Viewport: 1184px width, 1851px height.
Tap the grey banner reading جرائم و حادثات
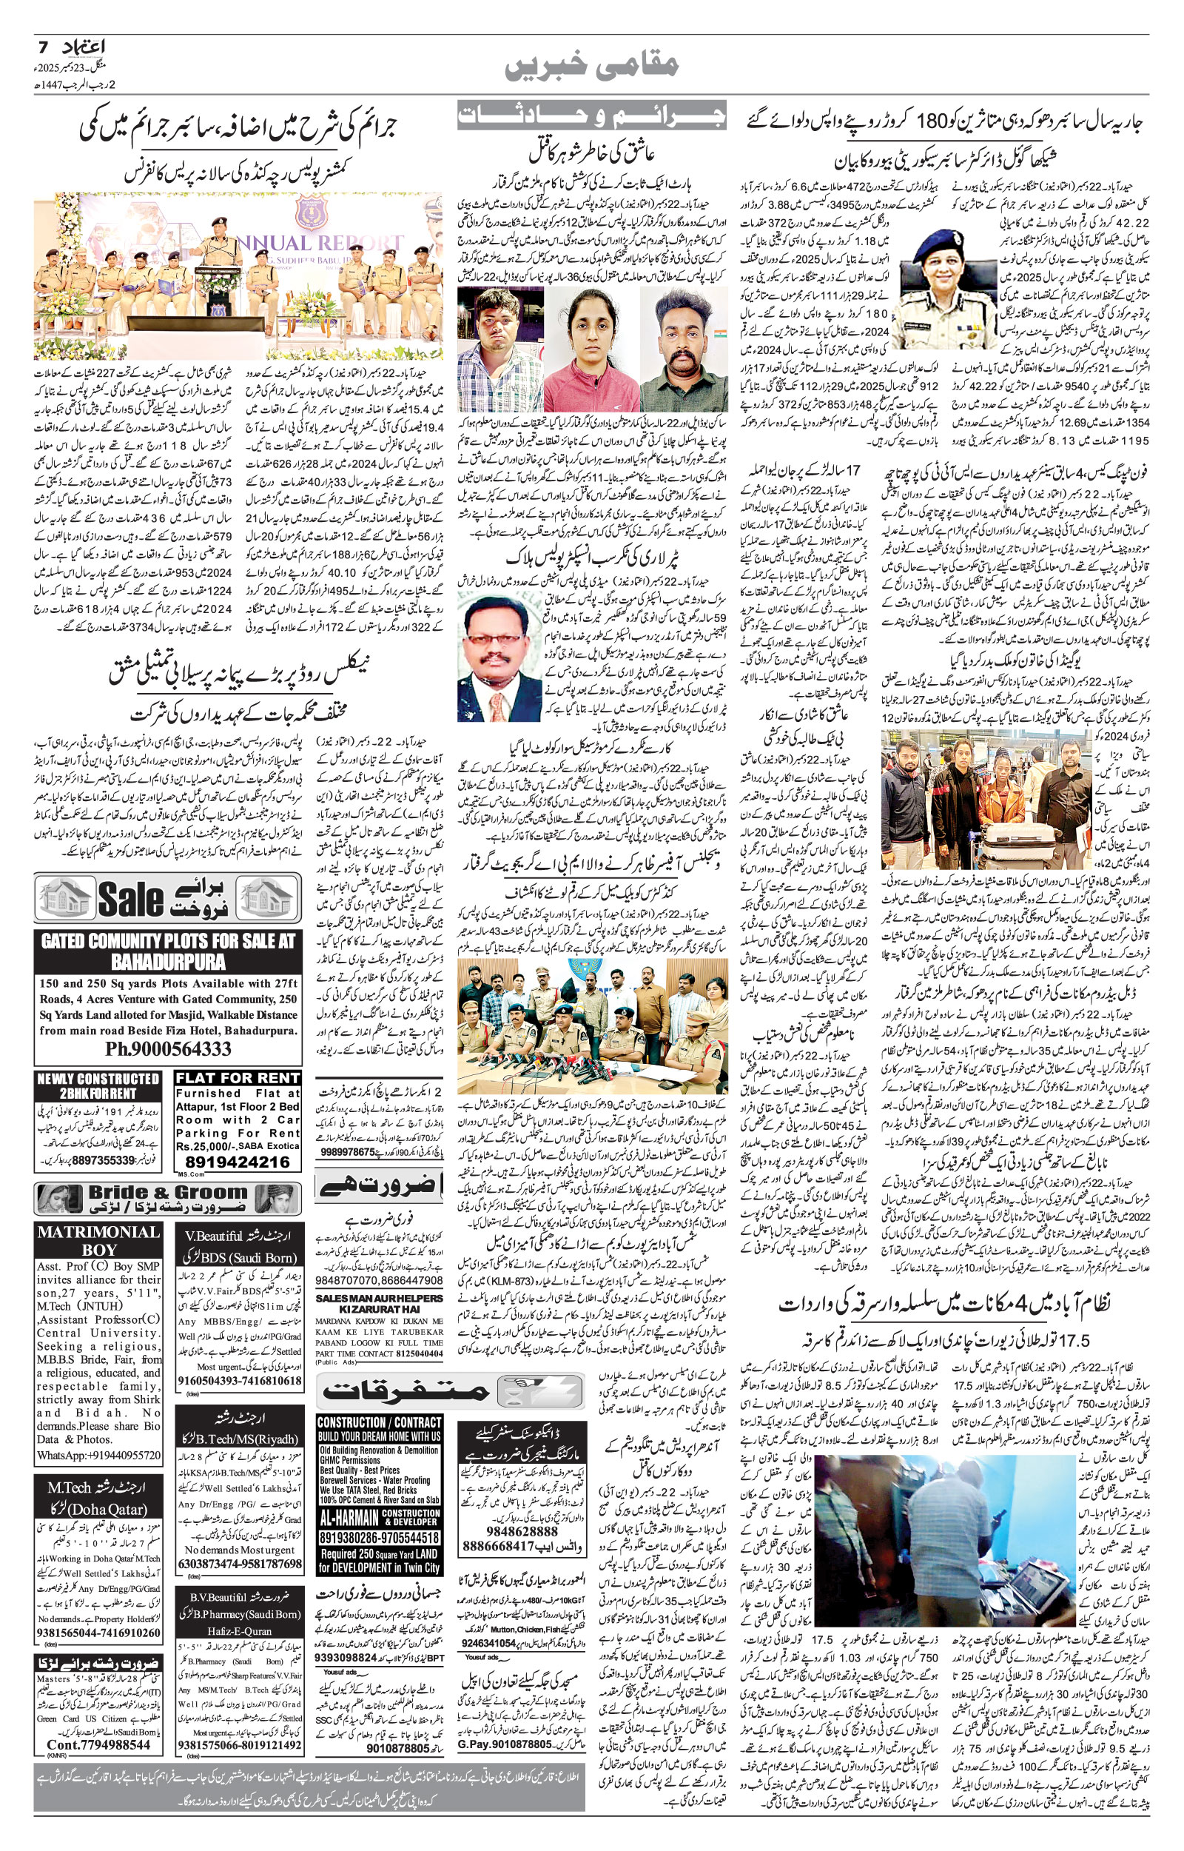coord(591,116)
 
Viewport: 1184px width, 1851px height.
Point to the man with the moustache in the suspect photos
coord(683,350)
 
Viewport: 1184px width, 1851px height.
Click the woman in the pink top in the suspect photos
coord(591,350)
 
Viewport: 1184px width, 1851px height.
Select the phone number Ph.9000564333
coord(167,1049)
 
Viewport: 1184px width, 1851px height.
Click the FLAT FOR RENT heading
coord(237,1078)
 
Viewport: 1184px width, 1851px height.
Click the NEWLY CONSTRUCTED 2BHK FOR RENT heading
coord(98,1085)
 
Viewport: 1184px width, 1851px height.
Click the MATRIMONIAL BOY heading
coord(98,1240)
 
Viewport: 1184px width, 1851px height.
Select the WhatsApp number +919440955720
coord(98,1455)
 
